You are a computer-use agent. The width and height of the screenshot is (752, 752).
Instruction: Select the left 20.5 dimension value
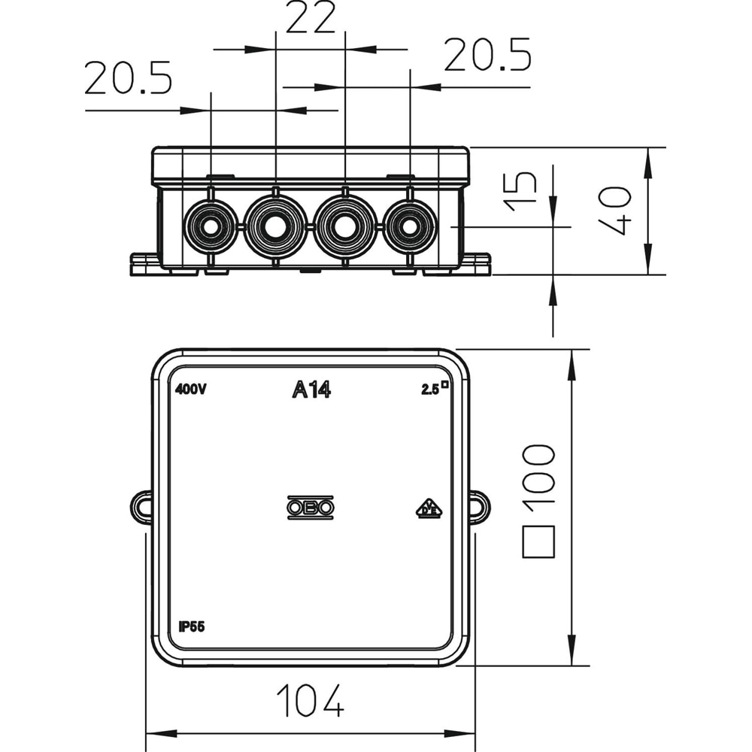click(128, 78)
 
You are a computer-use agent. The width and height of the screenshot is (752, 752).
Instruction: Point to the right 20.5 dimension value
click(487, 56)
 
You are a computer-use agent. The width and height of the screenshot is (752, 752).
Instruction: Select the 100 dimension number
click(538, 474)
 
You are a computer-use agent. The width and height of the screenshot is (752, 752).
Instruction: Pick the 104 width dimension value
click(310, 700)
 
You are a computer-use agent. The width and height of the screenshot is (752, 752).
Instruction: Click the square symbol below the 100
click(538, 541)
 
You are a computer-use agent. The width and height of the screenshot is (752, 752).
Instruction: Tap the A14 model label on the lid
click(311, 390)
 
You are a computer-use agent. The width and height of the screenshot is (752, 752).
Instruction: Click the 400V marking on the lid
click(191, 390)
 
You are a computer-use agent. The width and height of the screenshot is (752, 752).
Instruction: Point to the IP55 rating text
click(193, 626)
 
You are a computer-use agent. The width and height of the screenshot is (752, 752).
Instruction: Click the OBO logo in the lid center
click(311, 508)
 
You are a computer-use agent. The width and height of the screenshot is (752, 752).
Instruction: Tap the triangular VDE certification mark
click(429, 509)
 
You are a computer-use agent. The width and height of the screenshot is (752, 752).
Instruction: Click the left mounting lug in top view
click(141, 507)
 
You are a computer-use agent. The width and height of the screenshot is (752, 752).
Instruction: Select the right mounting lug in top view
click(479, 507)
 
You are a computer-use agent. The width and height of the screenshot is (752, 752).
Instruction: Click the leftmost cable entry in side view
click(210, 226)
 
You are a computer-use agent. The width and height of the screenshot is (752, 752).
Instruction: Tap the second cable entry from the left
click(276, 226)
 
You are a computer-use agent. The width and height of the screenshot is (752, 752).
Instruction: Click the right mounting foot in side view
click(476, 264)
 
